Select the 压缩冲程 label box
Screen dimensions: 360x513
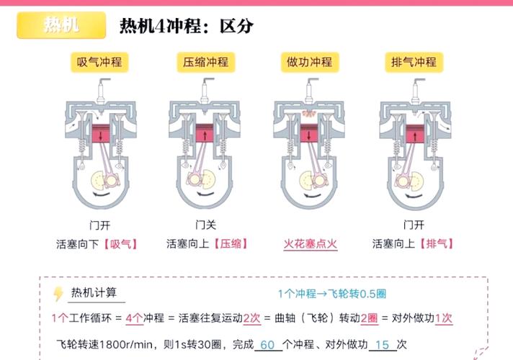tap(203, 62)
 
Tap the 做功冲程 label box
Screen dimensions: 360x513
tap(309, 62)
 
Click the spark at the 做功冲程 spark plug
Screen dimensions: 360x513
tap(309, 114)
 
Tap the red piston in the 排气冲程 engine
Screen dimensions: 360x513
tap(414, 135)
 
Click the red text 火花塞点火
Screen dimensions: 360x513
tap(310, 243)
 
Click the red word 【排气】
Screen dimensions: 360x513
tap(435, 243)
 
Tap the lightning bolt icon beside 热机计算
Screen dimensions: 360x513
tap(58, 294)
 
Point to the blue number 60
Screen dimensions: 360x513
tap(267, 345)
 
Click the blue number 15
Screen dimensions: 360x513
tap(382, 345)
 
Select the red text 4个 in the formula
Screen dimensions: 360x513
tap(134, 318)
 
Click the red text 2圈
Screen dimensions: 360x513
tap(368, 318)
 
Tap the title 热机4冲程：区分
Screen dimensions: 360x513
tap(187, 27)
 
